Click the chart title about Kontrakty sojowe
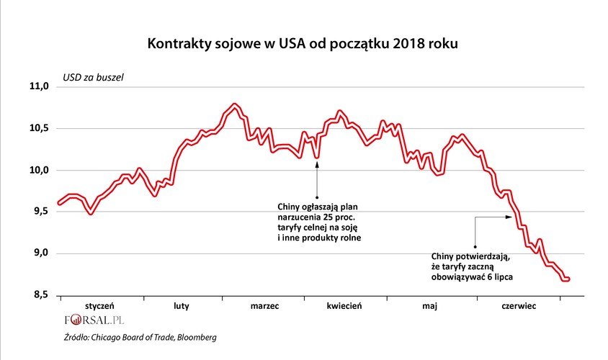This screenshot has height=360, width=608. tap(303, 44)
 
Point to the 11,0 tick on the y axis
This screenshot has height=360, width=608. tap(38, 86)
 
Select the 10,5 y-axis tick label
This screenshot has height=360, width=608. tap(38, 128)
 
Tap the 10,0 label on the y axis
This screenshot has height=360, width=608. tap(38, 170)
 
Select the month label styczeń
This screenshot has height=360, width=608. tap(100, 306)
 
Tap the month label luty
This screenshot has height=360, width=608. tap(182, 306)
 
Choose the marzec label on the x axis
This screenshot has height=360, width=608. tap(264, 306)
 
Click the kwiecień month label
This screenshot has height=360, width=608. tap(344, 306)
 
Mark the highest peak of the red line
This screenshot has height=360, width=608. tap(234, 105)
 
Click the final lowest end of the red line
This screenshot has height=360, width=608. tap(568, 279)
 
